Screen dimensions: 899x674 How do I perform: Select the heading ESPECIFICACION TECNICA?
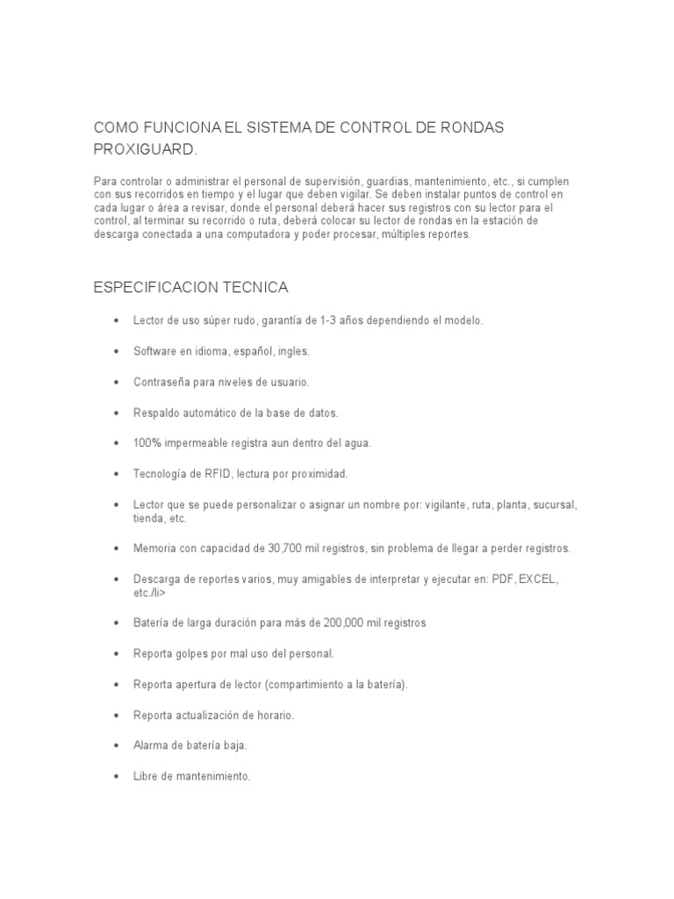[191, 287]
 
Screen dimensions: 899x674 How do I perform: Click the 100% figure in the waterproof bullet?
[148, 443]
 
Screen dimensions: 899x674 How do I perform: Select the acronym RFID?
[218, 474]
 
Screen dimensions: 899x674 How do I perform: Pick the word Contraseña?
[161, 382]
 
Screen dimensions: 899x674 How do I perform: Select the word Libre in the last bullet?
[146, 776]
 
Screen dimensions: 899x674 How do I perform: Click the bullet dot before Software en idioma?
[116, 351]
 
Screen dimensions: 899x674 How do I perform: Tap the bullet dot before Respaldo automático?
[116, 413]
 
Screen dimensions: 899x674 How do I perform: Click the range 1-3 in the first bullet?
[327, 320]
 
